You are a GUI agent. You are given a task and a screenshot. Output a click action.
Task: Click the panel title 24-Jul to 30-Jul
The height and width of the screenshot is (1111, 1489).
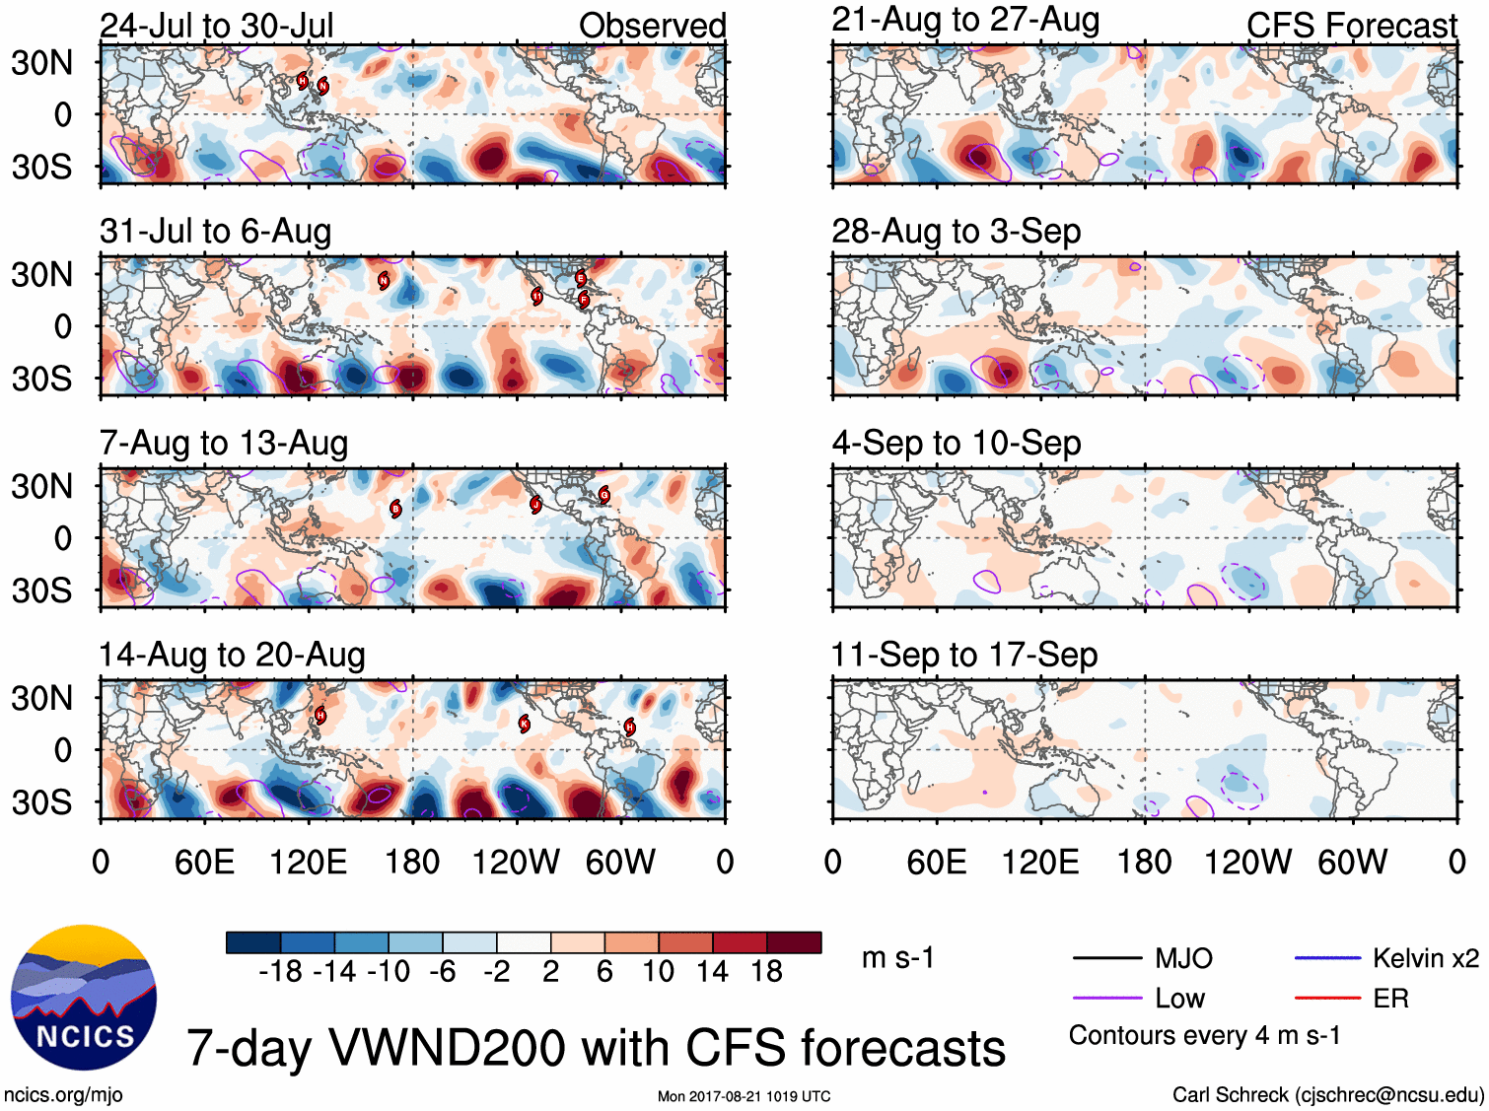coord(217,26)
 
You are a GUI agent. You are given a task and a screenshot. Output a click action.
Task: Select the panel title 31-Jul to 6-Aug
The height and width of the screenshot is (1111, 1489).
coord(215,232)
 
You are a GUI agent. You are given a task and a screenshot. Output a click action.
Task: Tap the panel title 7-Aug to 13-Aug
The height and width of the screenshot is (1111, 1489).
coord(224,444)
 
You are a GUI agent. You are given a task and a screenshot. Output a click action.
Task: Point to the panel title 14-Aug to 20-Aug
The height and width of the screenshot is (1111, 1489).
coord(232,656)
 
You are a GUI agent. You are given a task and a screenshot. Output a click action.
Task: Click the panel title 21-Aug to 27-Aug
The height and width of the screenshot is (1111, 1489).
coord(965,20)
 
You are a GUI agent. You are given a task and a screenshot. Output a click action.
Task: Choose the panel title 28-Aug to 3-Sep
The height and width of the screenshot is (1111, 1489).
coord(957,232)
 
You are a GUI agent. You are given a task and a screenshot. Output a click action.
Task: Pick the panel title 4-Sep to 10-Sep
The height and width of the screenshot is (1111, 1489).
coord(957,444)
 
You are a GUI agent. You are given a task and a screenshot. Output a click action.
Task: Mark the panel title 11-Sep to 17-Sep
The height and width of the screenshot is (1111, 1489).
coord(964,656)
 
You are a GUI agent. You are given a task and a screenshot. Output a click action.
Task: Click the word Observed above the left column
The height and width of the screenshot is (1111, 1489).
coord(652,26)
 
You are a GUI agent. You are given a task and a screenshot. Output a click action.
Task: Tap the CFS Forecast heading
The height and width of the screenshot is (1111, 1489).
coord(1351,26)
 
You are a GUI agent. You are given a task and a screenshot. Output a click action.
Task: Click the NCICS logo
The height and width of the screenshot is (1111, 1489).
coord(84,998)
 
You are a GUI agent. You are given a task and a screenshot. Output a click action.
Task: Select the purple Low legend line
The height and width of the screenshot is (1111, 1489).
coord(1106,999)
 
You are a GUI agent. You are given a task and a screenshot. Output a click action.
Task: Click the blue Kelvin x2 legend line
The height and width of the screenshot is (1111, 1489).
coord(1327,957)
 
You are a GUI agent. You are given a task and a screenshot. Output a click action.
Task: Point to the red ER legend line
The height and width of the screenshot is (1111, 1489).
coord(1327,999)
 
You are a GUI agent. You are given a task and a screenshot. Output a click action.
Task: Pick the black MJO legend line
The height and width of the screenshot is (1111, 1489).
coord(1106,957)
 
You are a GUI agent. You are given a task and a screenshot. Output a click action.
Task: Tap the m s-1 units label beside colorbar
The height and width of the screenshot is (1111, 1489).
coord(897,958)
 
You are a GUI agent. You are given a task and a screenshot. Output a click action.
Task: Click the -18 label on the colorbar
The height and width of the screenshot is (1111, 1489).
coord(281,972)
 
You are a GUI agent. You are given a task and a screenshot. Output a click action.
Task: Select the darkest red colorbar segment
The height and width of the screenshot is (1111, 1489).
coord(794,942)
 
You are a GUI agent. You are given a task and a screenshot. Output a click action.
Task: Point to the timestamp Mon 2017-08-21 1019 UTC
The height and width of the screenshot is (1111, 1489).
coord(744,1096)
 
